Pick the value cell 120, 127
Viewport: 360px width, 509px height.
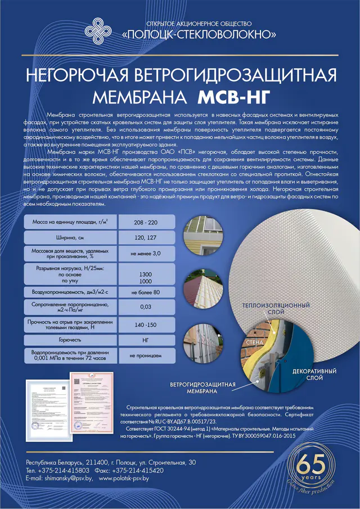[146, 238]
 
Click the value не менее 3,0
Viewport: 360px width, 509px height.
[146, 254]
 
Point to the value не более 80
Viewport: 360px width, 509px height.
[146, 292]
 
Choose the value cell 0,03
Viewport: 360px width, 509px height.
[146, 308]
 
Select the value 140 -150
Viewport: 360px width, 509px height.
[146, 325]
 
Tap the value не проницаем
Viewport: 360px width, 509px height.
[146, 355]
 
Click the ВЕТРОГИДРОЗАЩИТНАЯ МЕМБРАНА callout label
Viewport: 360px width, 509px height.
[202, 387]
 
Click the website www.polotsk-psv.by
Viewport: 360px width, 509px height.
[124, 478]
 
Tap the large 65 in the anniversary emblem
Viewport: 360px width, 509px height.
[311, 466]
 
